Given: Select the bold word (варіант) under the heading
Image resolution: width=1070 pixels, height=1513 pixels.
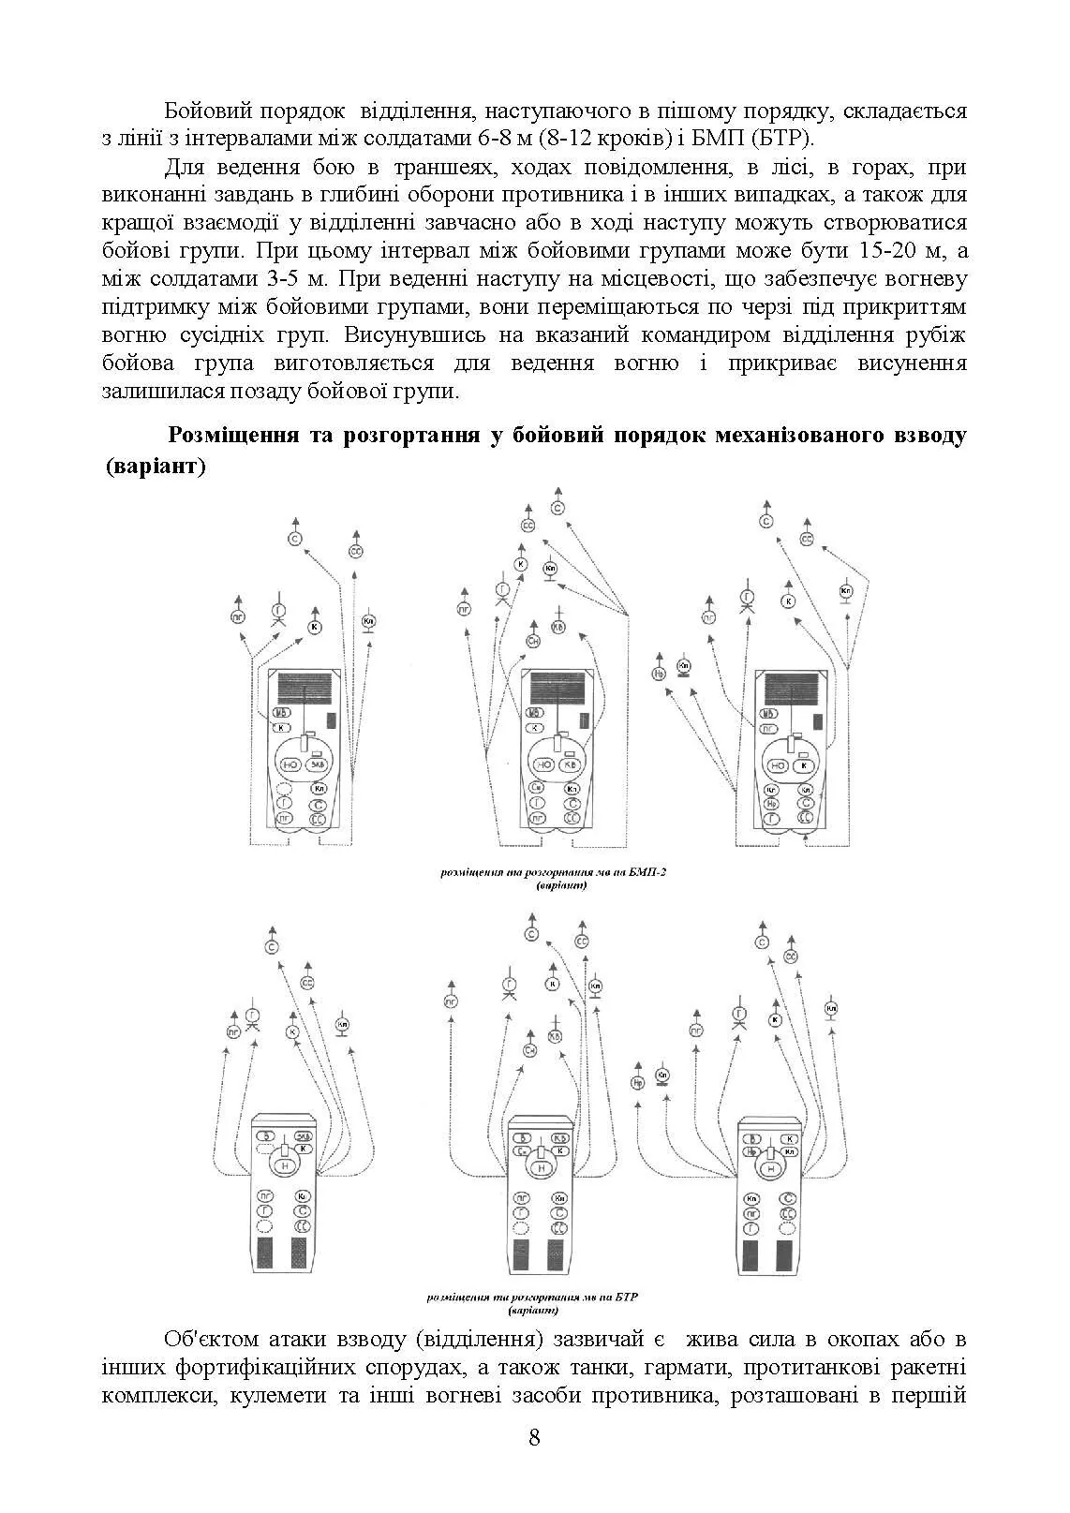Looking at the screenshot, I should tap(156, 466).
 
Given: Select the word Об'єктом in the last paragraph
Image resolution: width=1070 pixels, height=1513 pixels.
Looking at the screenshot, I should tap(211, 1337).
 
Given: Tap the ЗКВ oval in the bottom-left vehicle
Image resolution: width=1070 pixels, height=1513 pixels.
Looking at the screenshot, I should tap(304, 1136).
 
